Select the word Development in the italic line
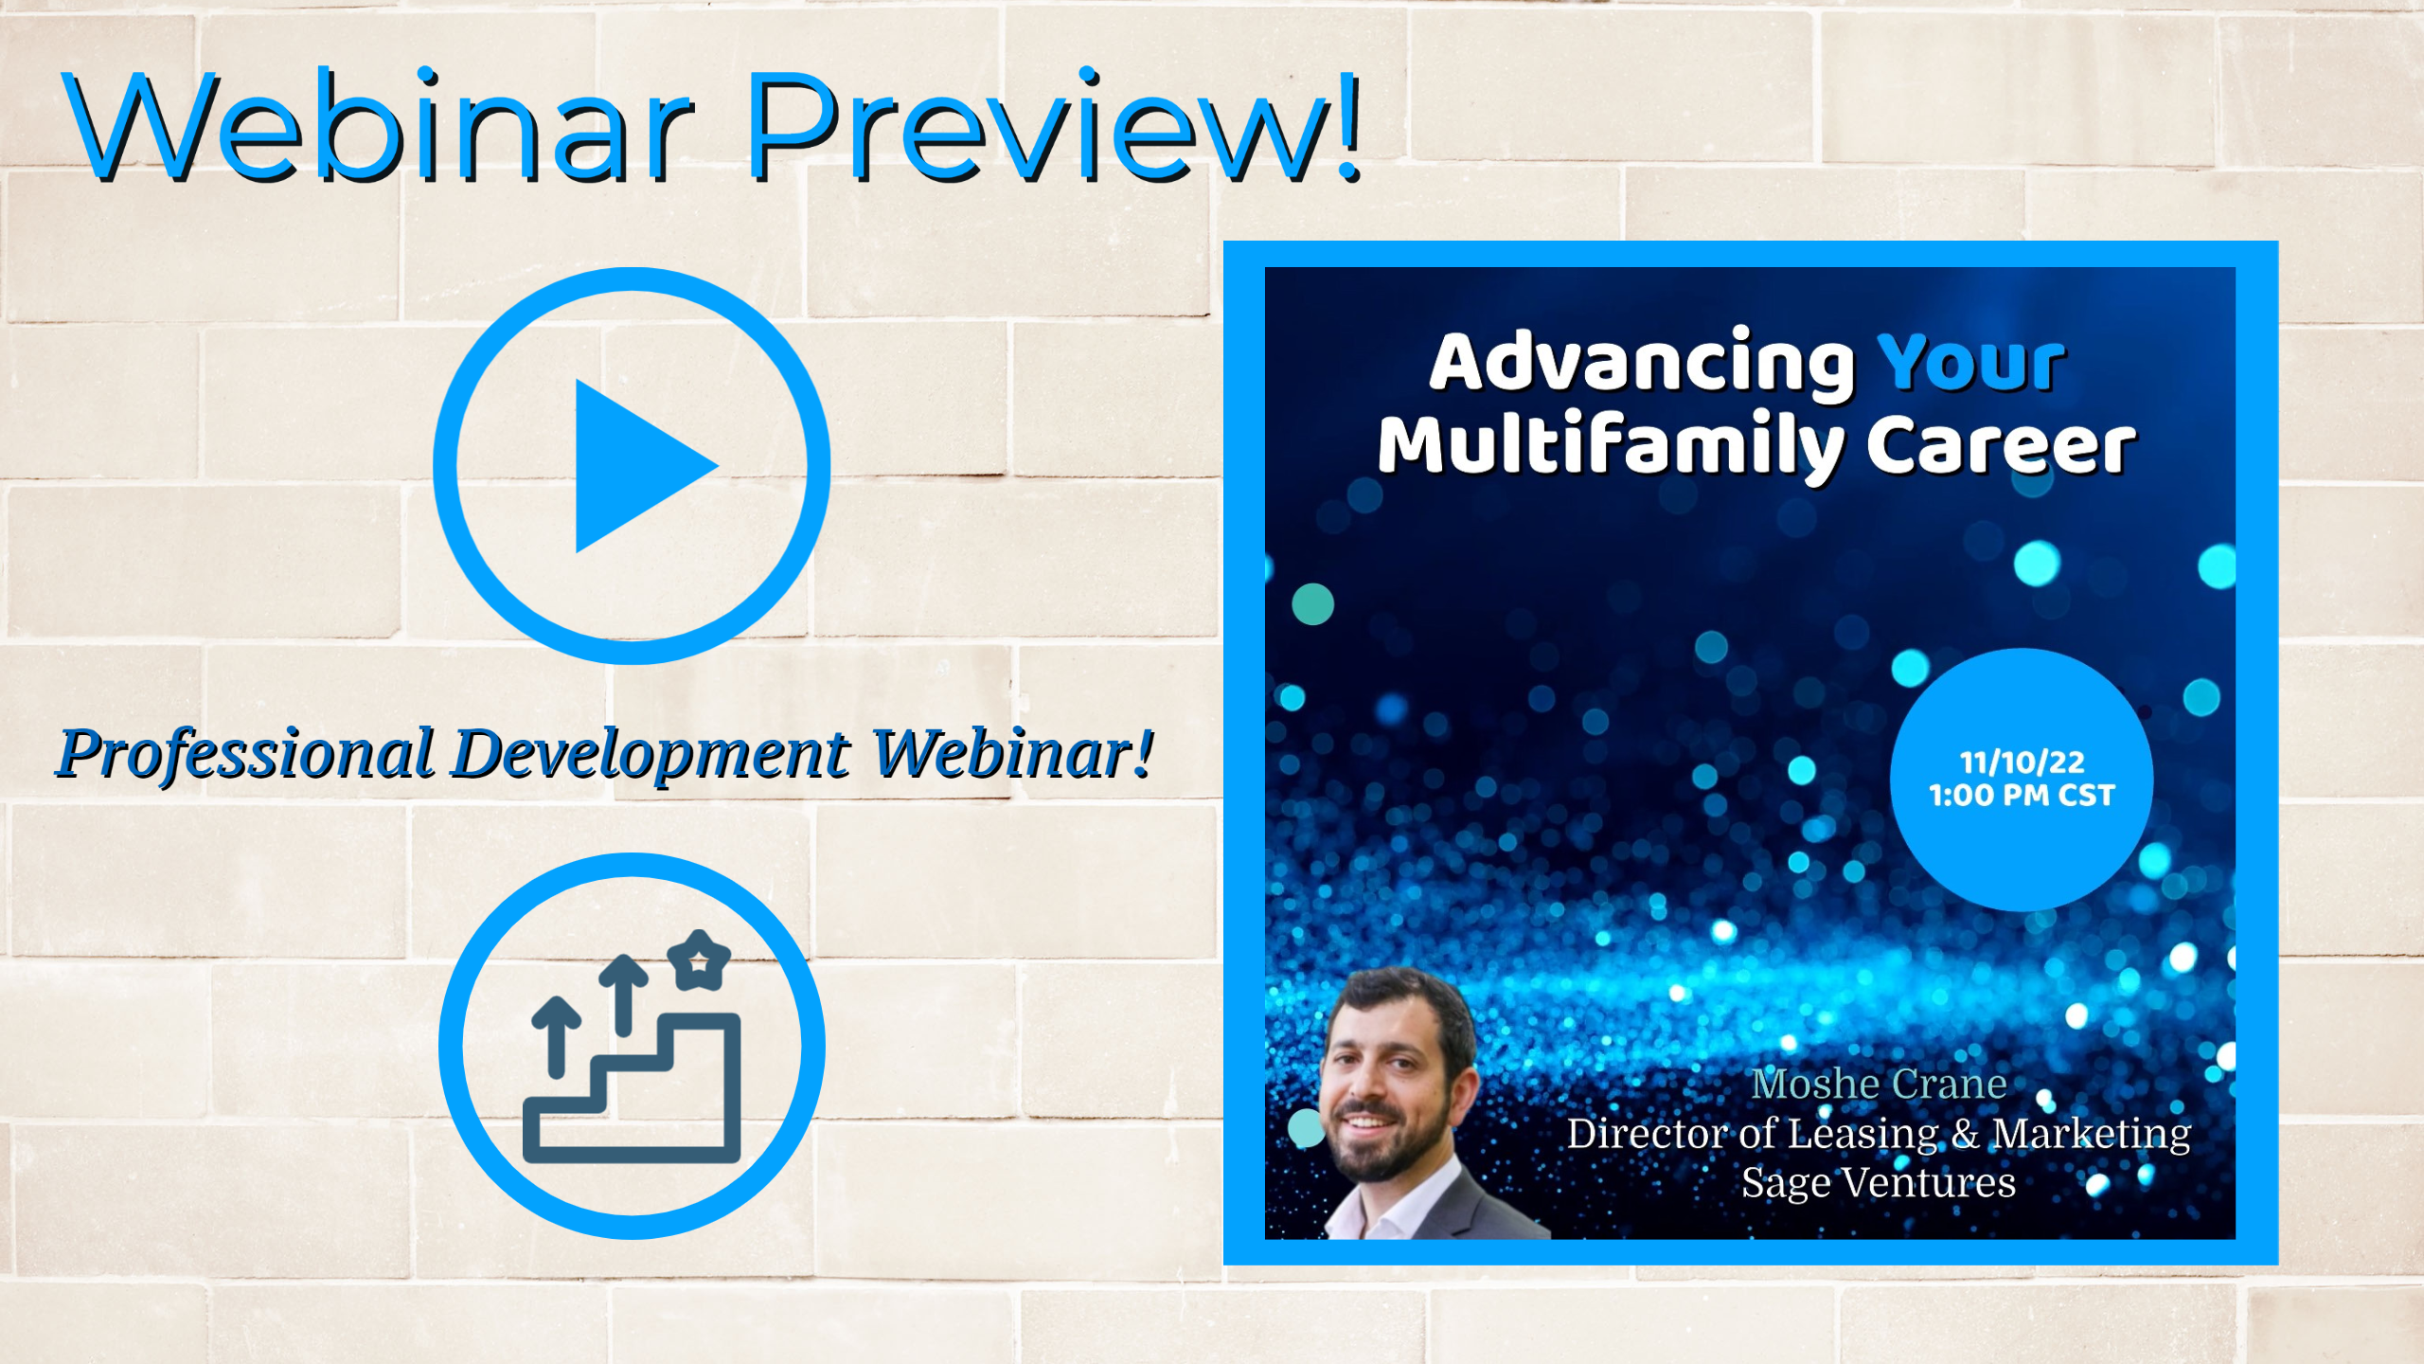point(651,755)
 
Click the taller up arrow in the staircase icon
point(624,995)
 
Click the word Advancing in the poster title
point(1642,364)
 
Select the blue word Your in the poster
point(1970,362)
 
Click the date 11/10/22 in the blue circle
point(2022,763)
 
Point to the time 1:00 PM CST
point(2022,796)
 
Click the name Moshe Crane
point(1879,1084)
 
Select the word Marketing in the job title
point(2091,1134)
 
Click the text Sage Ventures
point(1879,1183)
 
